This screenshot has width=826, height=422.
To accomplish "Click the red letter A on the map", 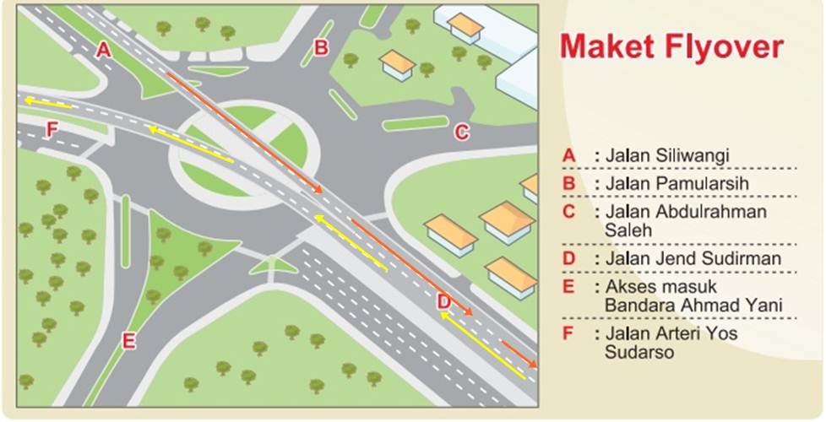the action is point(104,50).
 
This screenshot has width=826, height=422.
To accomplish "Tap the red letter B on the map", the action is point(321,48).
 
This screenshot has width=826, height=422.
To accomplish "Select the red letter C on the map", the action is point(461,132).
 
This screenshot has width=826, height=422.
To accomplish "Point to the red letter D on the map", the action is point(444,302).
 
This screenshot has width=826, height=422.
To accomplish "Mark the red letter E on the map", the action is point(129,341).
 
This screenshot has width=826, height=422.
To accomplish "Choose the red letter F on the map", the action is point(52,129).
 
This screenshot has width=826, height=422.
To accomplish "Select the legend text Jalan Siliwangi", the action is point(667,156).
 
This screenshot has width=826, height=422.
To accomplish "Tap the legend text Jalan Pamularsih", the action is point(677,184).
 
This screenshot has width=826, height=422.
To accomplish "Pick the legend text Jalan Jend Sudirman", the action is point(693,259).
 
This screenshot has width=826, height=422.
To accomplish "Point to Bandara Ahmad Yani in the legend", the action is point(693,306).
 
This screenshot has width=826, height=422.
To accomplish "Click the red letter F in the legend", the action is point(567,333).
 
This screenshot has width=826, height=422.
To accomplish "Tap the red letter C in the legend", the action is point(568,212).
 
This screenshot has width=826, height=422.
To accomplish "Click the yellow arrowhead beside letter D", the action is point(444,315).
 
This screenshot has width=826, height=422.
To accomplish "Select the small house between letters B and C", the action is point(398,65).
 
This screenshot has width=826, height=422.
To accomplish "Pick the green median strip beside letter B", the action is point(318,43).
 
